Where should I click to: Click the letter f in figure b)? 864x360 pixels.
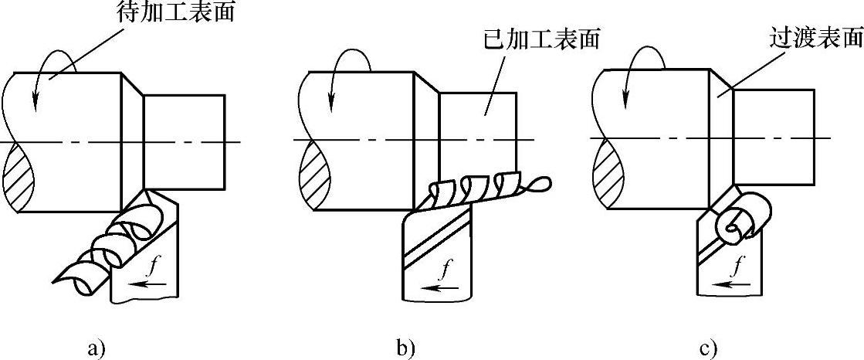coord(446,270)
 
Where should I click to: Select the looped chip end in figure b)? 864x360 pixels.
coord(541,184)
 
